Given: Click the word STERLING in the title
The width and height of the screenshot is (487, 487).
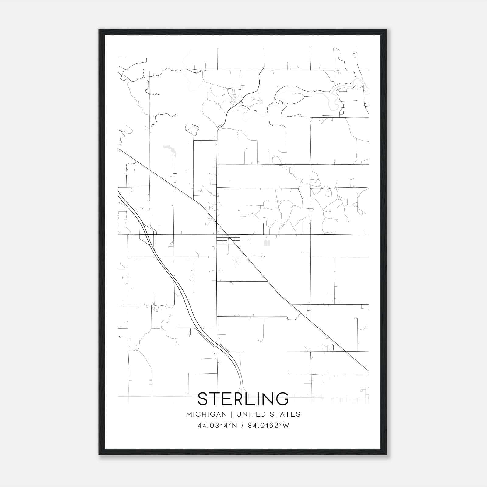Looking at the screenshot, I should click(x=243, y=399).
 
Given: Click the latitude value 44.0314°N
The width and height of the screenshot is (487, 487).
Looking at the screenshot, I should click(x=217, y=426).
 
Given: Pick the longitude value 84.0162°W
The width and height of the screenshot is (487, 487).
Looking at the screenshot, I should click(x=269, y=426).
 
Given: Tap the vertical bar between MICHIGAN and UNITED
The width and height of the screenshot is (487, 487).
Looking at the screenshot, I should click(x=232, y=414).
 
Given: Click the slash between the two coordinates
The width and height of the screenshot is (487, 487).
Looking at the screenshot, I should click(x=243, y=426).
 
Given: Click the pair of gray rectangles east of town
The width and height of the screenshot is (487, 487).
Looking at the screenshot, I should click(x=267, y=243).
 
